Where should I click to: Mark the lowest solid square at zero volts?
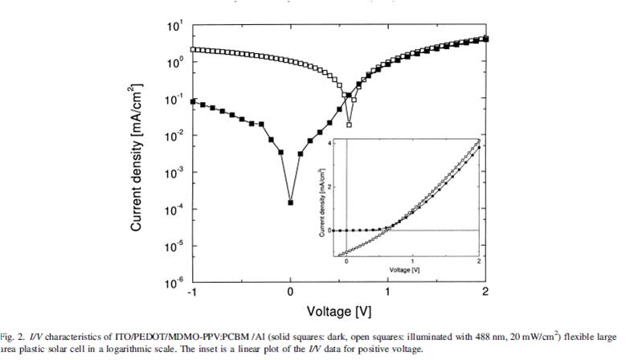(291, 203)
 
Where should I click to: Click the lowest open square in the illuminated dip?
(349, 125)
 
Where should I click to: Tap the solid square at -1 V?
(193, 101)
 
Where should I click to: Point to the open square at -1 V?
(193, 50)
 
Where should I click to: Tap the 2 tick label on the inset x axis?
(479, 262)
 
